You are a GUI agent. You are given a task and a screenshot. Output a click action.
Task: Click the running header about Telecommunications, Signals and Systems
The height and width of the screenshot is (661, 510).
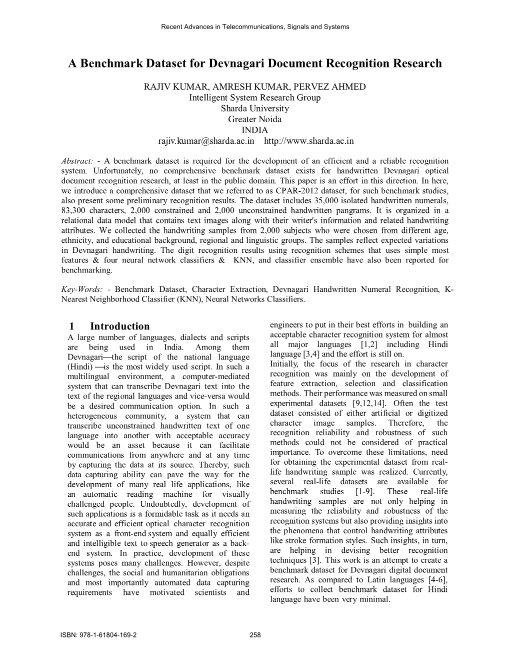[x=255, y=27]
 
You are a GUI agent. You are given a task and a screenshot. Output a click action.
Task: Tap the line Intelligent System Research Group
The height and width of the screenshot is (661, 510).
[x=255, y=98]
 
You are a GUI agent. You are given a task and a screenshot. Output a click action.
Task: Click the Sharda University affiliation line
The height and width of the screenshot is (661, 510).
[x=255, y=108]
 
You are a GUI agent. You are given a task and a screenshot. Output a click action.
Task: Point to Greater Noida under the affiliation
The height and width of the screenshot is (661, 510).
[x=255, y=119]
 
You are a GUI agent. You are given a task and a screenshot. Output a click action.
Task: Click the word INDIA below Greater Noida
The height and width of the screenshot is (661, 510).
[x=255, y=130]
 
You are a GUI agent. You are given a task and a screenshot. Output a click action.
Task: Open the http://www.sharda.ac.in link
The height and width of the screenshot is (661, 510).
[x=308, y=141]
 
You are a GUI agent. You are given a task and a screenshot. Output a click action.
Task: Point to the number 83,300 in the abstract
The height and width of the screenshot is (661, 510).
[x=74, y=211]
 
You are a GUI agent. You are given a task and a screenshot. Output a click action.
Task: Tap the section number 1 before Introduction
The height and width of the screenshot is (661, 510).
[x=72, y=326]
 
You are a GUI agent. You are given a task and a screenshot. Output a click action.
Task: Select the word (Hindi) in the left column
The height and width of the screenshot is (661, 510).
[x=79, y=367]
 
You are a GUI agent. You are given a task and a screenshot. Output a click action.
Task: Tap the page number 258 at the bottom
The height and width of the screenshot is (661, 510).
[x=255, y=635]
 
